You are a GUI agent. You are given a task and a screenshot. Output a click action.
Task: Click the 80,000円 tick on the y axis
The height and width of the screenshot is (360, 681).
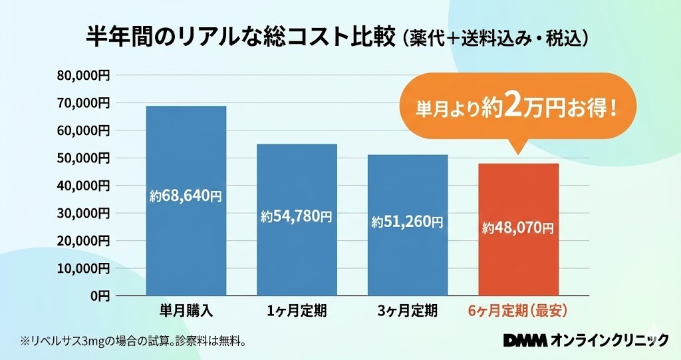click(84, 75)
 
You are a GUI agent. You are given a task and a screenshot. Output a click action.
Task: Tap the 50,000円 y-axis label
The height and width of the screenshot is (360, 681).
click(84, 158)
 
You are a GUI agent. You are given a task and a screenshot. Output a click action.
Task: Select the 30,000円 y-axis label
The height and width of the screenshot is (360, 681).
click(84, 213)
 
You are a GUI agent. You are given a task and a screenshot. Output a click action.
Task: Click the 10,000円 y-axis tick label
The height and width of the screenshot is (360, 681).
click(84, 268)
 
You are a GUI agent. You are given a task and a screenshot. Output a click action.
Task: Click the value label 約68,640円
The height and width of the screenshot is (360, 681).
click(186, 196)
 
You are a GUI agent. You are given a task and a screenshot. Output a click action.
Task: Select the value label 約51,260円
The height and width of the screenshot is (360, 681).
click(407, 222)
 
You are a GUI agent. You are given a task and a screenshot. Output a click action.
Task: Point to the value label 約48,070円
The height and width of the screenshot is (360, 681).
click(518, 228)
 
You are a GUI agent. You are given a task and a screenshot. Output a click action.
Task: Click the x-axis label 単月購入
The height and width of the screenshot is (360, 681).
click(186, 311)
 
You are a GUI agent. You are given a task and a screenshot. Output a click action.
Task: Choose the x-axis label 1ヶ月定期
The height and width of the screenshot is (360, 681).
click(297, 311)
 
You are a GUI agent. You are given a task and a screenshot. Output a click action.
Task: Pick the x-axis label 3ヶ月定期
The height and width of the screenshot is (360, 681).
click(407, 311)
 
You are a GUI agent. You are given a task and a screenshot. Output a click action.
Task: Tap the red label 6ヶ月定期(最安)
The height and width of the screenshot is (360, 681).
click(518, 311)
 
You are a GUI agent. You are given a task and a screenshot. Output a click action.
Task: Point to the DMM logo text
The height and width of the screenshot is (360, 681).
click(525, 341)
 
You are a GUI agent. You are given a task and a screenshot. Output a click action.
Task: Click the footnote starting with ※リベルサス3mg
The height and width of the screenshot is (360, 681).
click(134, 342)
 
